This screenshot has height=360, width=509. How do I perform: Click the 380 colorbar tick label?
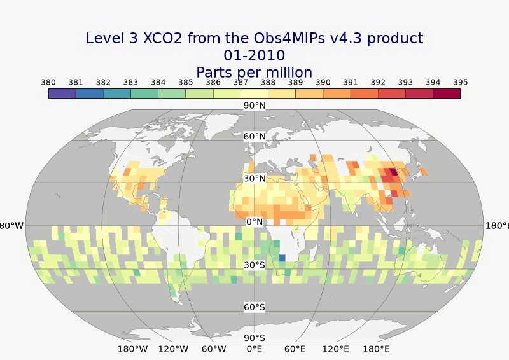click(x=48, y=82)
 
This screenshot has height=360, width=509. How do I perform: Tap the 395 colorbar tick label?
click(x=461, y=82)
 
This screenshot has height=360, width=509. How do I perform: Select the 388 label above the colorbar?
click(x=268, y=82)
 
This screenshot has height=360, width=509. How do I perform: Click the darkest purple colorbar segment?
click(x=62, y=93)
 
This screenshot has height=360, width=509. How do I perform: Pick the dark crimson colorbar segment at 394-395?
click(x=447, y=93)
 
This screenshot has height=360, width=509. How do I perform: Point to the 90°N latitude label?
click(x=254, y=106)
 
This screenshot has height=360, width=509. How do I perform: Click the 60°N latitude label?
click(x=254, y=136)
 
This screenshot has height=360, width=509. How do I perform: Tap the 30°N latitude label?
click(x=254, y=179)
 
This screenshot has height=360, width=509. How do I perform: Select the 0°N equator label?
click(x=254, y=222)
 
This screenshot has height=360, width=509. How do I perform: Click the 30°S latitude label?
click(x=254, y=265)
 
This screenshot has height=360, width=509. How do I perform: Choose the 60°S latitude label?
click(x=254, y=307)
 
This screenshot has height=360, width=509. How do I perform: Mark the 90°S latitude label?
click(x=254, y=338)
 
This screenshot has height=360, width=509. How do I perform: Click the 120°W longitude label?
click(x=173, y=349)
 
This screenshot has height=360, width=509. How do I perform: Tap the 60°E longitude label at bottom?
click(x=295, y=349)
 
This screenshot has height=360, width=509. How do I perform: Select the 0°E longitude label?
click(x=254, y=349)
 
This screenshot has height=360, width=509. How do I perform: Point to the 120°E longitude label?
click(x=336, y=349)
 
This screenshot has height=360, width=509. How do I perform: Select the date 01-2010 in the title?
click(x=254, y=55)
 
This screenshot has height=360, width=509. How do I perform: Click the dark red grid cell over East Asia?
click(x=393, y=171)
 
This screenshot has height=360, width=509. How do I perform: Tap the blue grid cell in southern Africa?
click(x=282, y=258)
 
